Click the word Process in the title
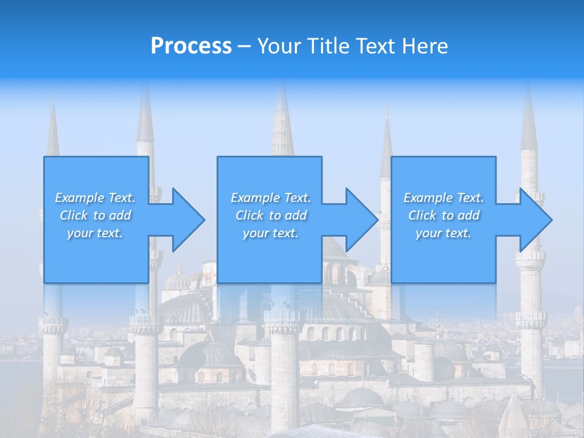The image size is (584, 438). [x=191, y=46]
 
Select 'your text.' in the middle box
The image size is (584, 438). [x=271, y=233]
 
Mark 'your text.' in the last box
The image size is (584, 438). [x=443, y=233]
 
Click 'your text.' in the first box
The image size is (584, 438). [x=95, y=233]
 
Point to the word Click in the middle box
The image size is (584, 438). [x=249, y=215]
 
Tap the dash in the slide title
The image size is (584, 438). [x=244, y=46]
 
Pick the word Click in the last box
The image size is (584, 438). [x=422, y=215]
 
